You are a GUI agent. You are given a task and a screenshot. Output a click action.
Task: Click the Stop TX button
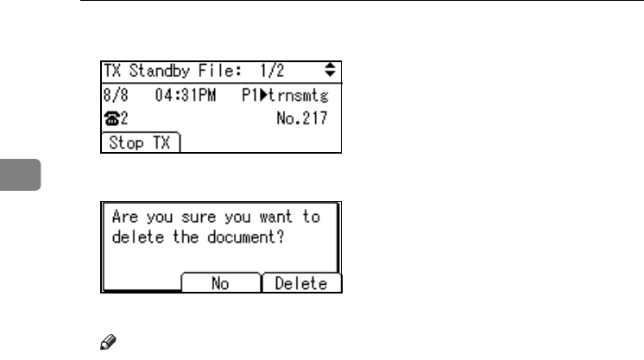[x=141, y=144]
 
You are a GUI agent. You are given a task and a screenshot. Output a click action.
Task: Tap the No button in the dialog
[x=220, y=283]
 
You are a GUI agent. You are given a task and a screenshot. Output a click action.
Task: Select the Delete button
[x=301, y=283]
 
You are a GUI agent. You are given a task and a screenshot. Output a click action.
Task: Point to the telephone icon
[x=110, y=119]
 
